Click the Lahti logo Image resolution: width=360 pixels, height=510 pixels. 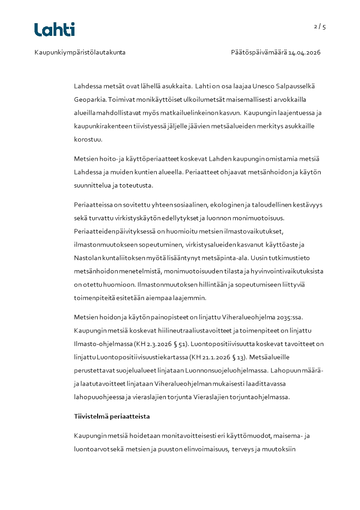coord(54,30)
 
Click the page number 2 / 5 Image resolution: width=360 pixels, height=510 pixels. coord(320,27)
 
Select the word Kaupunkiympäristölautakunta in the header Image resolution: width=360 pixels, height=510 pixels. coord(80,52)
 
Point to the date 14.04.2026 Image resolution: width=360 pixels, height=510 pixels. coord(305,52)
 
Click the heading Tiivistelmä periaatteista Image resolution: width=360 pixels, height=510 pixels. coord(112,416)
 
